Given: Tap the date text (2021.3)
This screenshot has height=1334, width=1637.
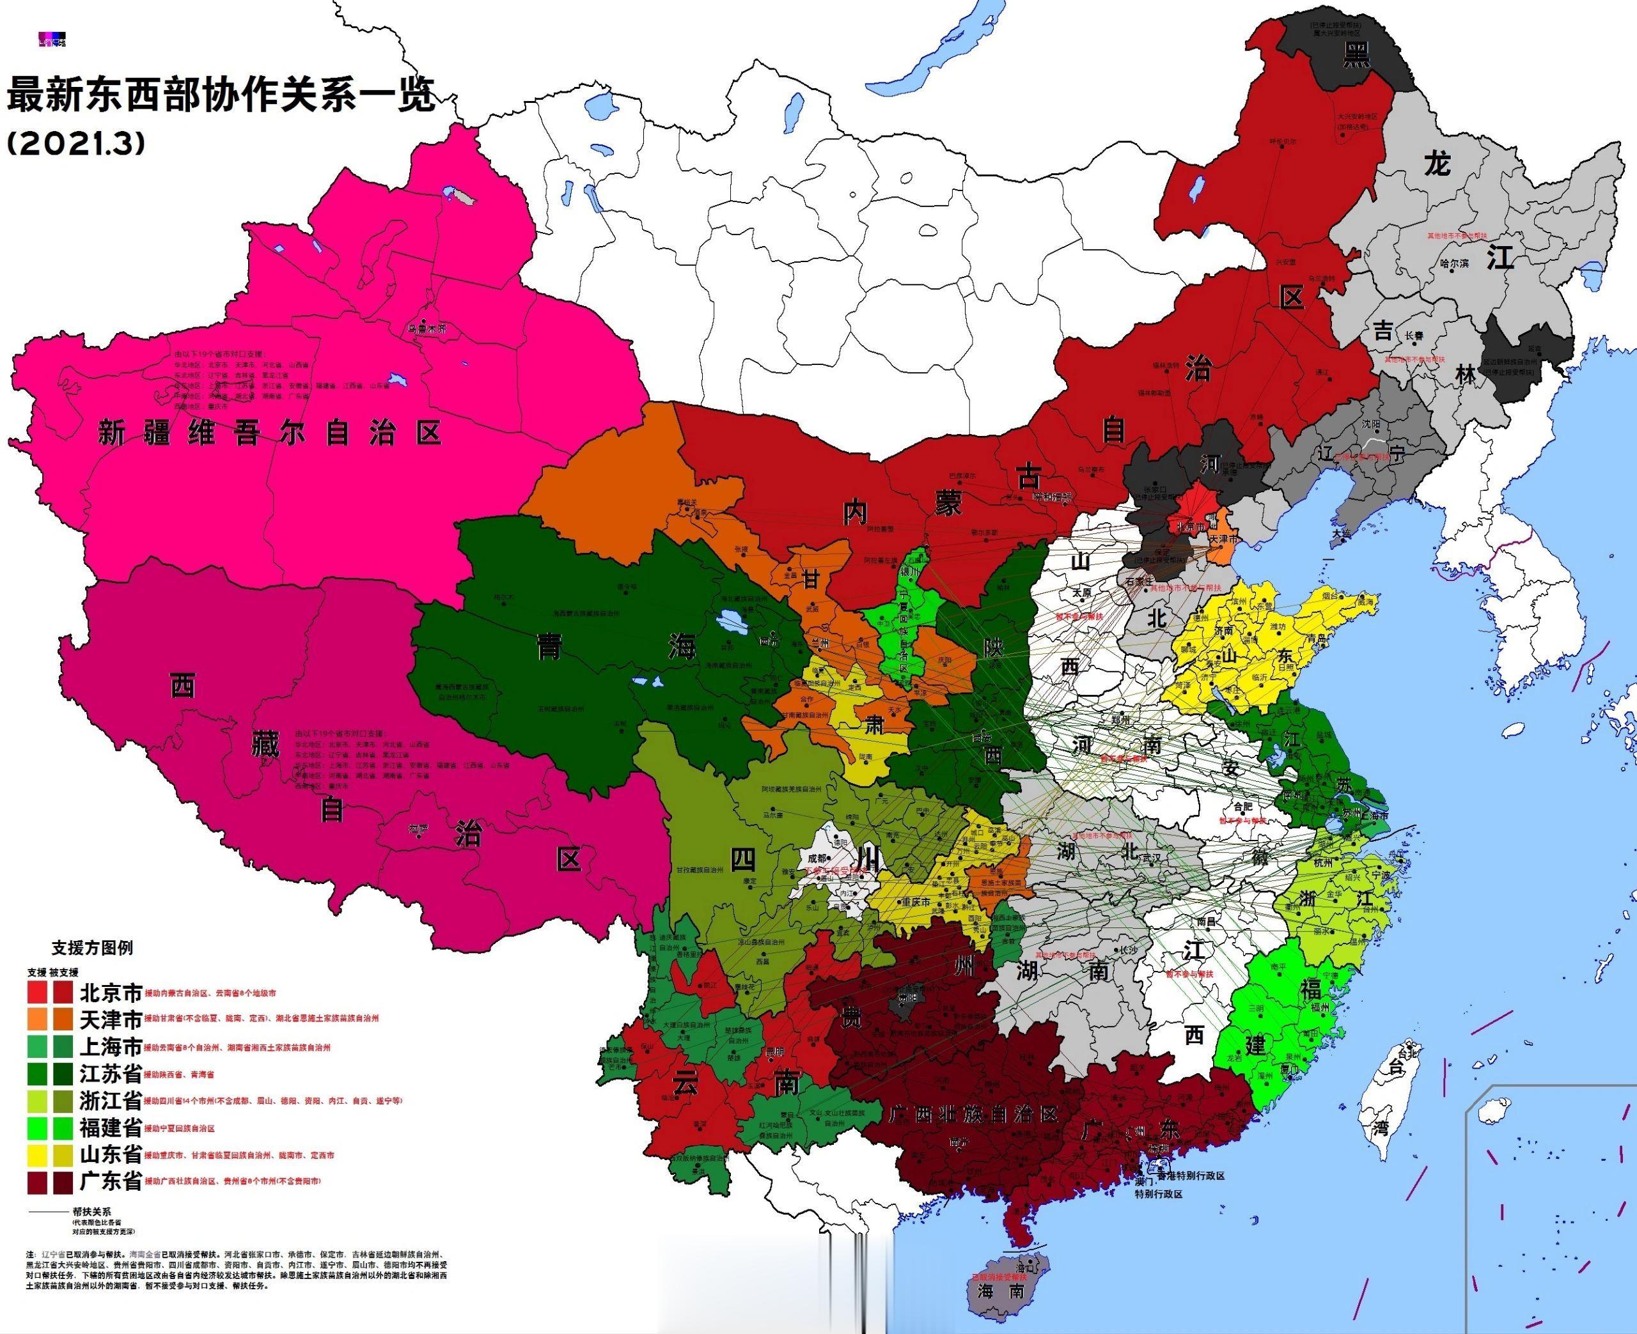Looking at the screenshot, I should (75, 144).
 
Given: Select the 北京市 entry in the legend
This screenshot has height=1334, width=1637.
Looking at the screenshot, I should (111, 992).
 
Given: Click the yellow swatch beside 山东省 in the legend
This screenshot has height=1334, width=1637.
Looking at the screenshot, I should (38, 1154).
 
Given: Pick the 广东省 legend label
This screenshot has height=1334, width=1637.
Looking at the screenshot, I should (111, 1181).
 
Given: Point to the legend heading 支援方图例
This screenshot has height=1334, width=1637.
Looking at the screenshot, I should (91, 947).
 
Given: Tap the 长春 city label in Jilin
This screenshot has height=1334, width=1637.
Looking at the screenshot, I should (1413, 336).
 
